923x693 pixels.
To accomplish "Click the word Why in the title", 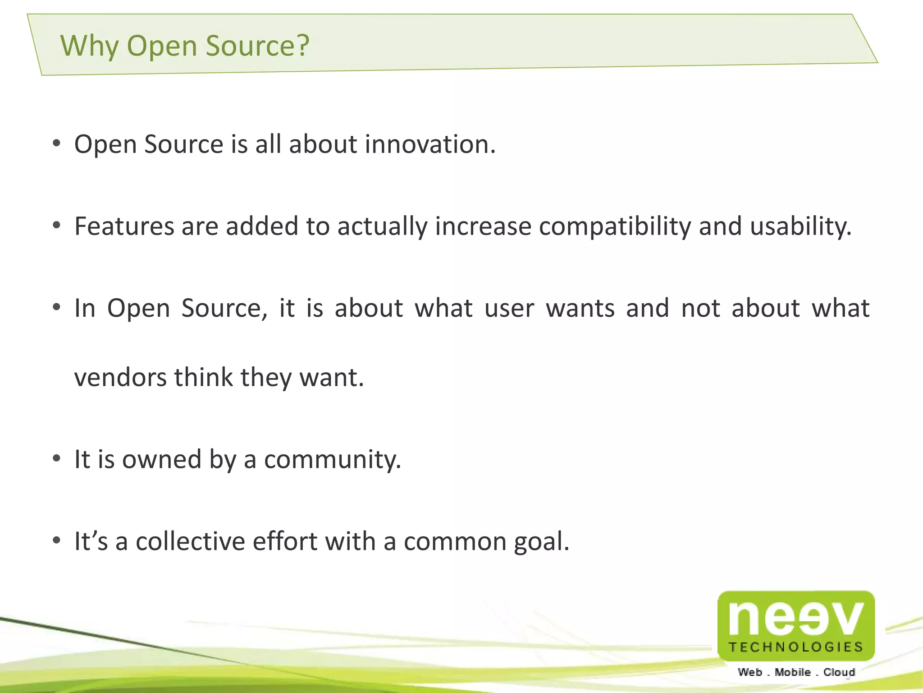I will click(89, 46).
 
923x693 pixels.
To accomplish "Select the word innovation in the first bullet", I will click(430, 144).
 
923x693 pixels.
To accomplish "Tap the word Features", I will click(124, 226).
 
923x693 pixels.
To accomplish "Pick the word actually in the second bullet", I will click(382, 227).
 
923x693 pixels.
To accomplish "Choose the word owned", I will click(162, 460).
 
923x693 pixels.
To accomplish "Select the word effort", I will click(285, 541).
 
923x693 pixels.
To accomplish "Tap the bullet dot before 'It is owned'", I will click(56, 459).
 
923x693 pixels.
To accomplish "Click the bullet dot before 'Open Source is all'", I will click(56, 144).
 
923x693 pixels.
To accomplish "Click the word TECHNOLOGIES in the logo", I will click(796, 647).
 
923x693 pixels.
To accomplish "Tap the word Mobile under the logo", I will click(793, 672).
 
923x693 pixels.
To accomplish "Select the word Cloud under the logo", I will click(839, 672).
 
